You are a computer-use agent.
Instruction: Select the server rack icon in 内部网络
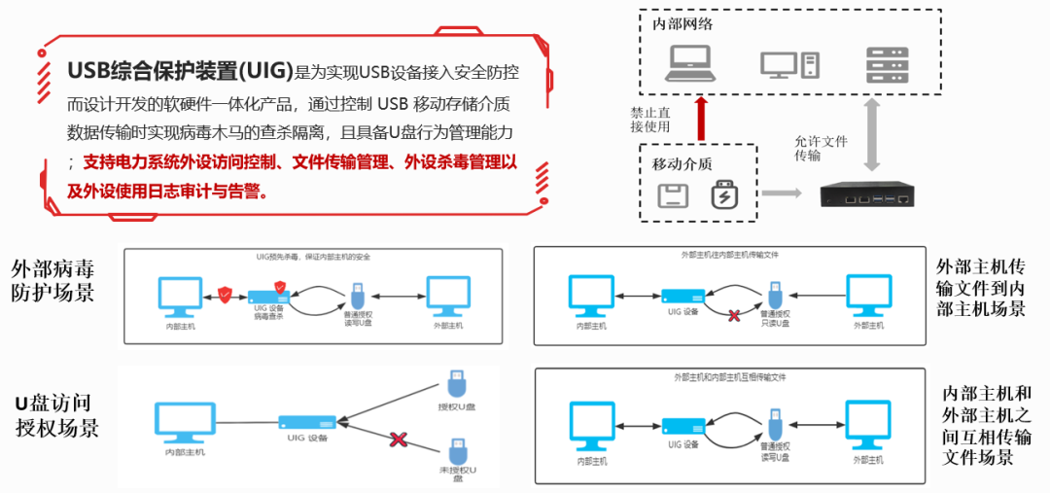coord(887,63)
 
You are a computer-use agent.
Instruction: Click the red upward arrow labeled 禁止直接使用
coord(703,117)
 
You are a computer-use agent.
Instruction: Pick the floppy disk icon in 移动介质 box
coord(673,195)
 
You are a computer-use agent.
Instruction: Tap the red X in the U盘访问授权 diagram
coord(397,440)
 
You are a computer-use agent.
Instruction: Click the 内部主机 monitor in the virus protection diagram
coord(182,296)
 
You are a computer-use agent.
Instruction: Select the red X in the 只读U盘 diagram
coord(736,315)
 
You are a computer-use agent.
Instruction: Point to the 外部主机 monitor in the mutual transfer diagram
coord(867,426)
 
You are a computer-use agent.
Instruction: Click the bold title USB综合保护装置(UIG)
coord(180,71)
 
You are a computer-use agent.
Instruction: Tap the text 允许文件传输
coord(821,148)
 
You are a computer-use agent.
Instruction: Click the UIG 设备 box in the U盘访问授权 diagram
coord(306,423)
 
